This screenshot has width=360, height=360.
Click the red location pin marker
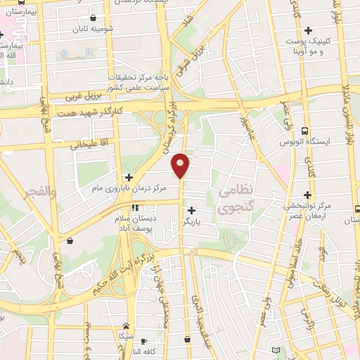tap(181, 164)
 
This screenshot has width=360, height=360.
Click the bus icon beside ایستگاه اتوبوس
tap(304, 131)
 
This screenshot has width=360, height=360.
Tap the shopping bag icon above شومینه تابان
tap(94, 18)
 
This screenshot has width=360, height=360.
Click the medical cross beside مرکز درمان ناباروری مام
tap(129, 177)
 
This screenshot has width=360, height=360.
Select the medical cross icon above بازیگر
tap(191, 210)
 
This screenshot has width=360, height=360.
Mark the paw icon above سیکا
tap(126, 326)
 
